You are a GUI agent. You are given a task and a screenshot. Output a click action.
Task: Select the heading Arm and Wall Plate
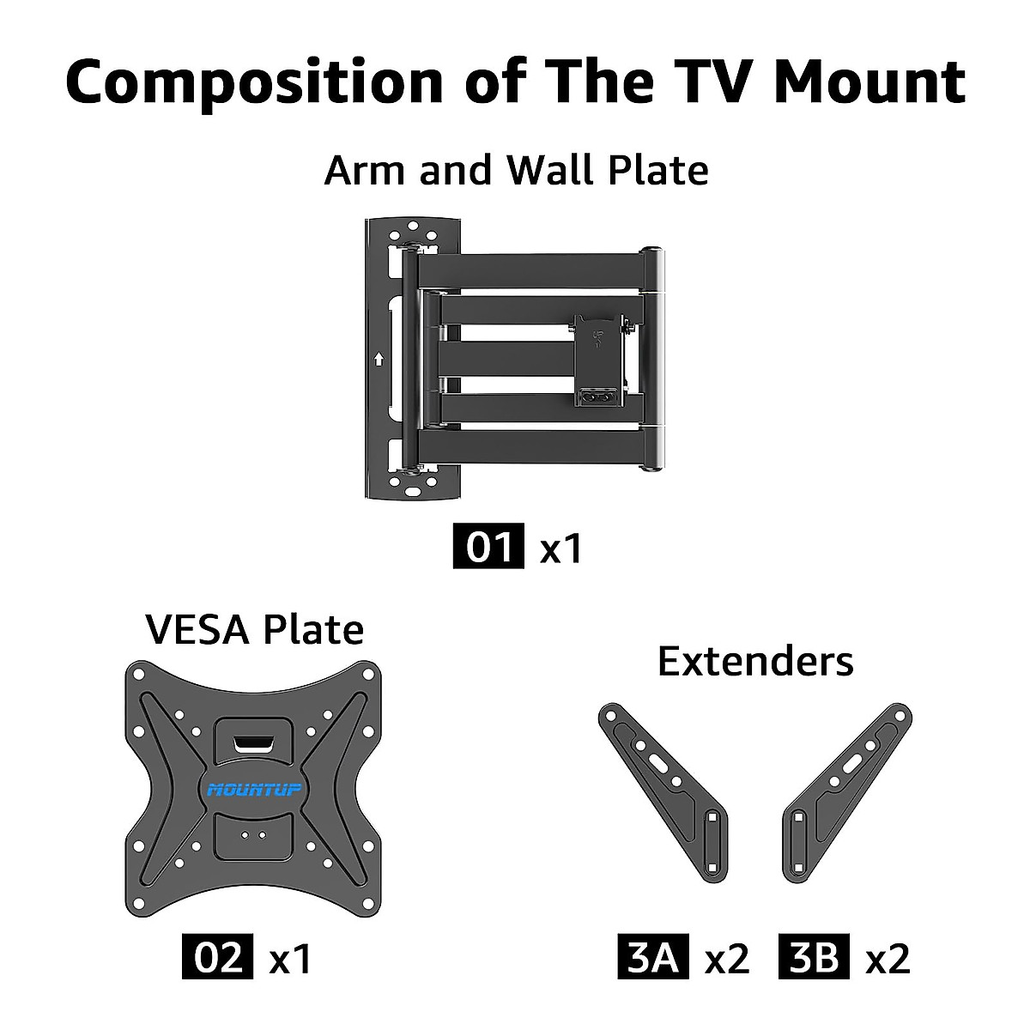(516, 170)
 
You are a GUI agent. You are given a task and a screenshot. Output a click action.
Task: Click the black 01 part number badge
(488, 547)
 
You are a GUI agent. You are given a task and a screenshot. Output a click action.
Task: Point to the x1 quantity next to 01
(561, 548)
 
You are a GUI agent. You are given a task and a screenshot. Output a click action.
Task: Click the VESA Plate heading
(255, 629)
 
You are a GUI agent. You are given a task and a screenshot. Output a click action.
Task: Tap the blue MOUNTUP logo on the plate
(254, 789)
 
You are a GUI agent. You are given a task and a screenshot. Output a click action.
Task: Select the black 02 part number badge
(218, 957)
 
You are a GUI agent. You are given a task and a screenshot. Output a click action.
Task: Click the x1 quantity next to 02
(290, 958)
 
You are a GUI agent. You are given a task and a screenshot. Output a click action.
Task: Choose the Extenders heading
(755, 662)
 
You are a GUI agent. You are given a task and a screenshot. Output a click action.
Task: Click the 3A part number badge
(653, 957)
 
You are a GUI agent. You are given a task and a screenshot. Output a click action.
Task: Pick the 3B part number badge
(814, 957)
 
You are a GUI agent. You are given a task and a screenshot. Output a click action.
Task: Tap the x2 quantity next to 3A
(726, 958)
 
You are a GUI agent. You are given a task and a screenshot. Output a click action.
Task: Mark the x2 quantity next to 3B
(888, 958)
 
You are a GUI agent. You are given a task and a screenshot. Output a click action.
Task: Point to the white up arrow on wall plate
(379, 359)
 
